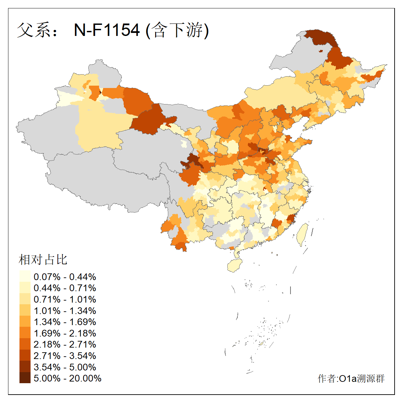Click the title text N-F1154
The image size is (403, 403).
[x=106, y=30]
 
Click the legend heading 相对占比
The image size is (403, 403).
[x=43, y=260]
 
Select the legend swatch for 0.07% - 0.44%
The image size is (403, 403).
[x=25, y=276]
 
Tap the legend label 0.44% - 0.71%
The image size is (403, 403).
[x=65, y=288]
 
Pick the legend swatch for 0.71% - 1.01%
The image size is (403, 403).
[x=25, y=299]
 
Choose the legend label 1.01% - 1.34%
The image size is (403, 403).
[x=65, y=311]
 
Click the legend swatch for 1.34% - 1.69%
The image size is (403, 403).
[x=25, y=322]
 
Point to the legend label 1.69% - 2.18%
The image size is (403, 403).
[x=65, y=333]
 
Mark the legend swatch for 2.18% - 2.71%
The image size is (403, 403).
[x=25, y=344]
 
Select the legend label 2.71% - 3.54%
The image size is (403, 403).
[x=65, y=356]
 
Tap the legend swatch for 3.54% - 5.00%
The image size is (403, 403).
[x=25, y=367]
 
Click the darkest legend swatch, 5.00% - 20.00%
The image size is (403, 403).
[x=25, y=378]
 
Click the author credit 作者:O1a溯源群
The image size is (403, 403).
[x=351, y=378]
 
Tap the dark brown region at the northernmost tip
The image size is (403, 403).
[x=321, y=37]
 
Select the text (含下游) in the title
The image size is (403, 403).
[x=177, y=30]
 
